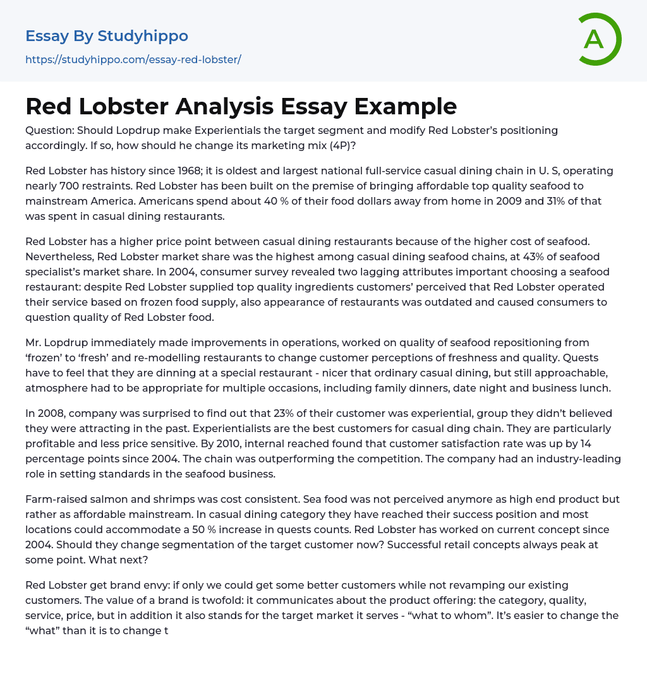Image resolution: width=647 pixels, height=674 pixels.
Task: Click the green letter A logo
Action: click(x=598, y=39)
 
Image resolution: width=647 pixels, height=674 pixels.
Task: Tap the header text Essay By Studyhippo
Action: click(x=107, y=36)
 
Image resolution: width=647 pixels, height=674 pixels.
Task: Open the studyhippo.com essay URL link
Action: click(x=133, y=59)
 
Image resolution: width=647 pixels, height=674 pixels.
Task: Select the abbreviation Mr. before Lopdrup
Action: click(x=34, y=342)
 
